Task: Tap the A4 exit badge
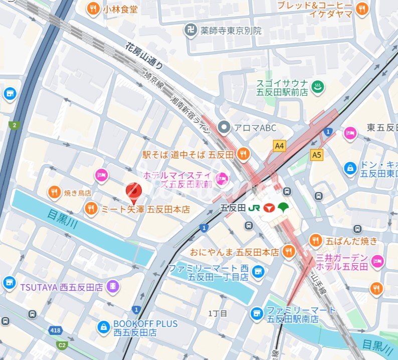(280, 145)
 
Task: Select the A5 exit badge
(316, 155)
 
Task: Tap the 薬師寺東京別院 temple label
(232, 31)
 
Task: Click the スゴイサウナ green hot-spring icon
(318, 87)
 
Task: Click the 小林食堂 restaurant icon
(93, 8)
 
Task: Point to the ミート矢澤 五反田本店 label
(145, 209)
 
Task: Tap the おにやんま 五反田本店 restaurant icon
(289, 252)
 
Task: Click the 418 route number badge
(55, 330)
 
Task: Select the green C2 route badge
(62, 345)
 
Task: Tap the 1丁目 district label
(218, 313)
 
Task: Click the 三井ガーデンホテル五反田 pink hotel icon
(377, 260)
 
